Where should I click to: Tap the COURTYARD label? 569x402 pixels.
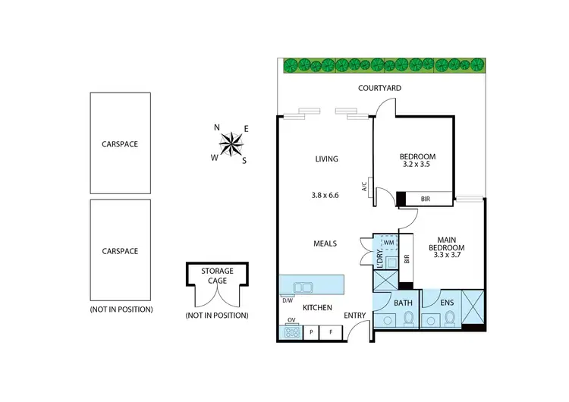[x=379, y=89]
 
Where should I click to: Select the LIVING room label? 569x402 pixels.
[x=326, y=159]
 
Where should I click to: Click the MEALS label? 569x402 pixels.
[x=325, y=243]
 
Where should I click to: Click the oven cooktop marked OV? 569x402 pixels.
[x=291, y=331]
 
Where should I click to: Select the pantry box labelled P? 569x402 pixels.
[x=313, y=331]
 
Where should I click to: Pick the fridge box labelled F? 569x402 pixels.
[x=331, y=331]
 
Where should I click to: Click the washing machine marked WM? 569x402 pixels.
[x=388, y=242]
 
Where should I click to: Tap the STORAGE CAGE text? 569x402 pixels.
[x=216, y=275]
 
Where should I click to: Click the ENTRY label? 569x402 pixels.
[x=355, y=316]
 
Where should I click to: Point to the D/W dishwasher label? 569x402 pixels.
[x=288, y=300]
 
